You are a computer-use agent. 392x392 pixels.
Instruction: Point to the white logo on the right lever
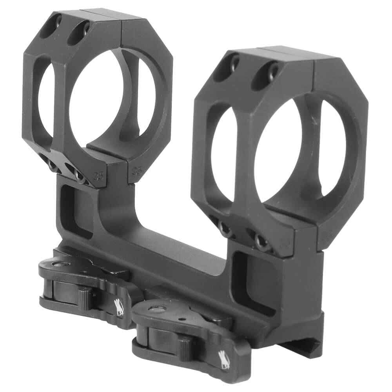click(x=224, y=361)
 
